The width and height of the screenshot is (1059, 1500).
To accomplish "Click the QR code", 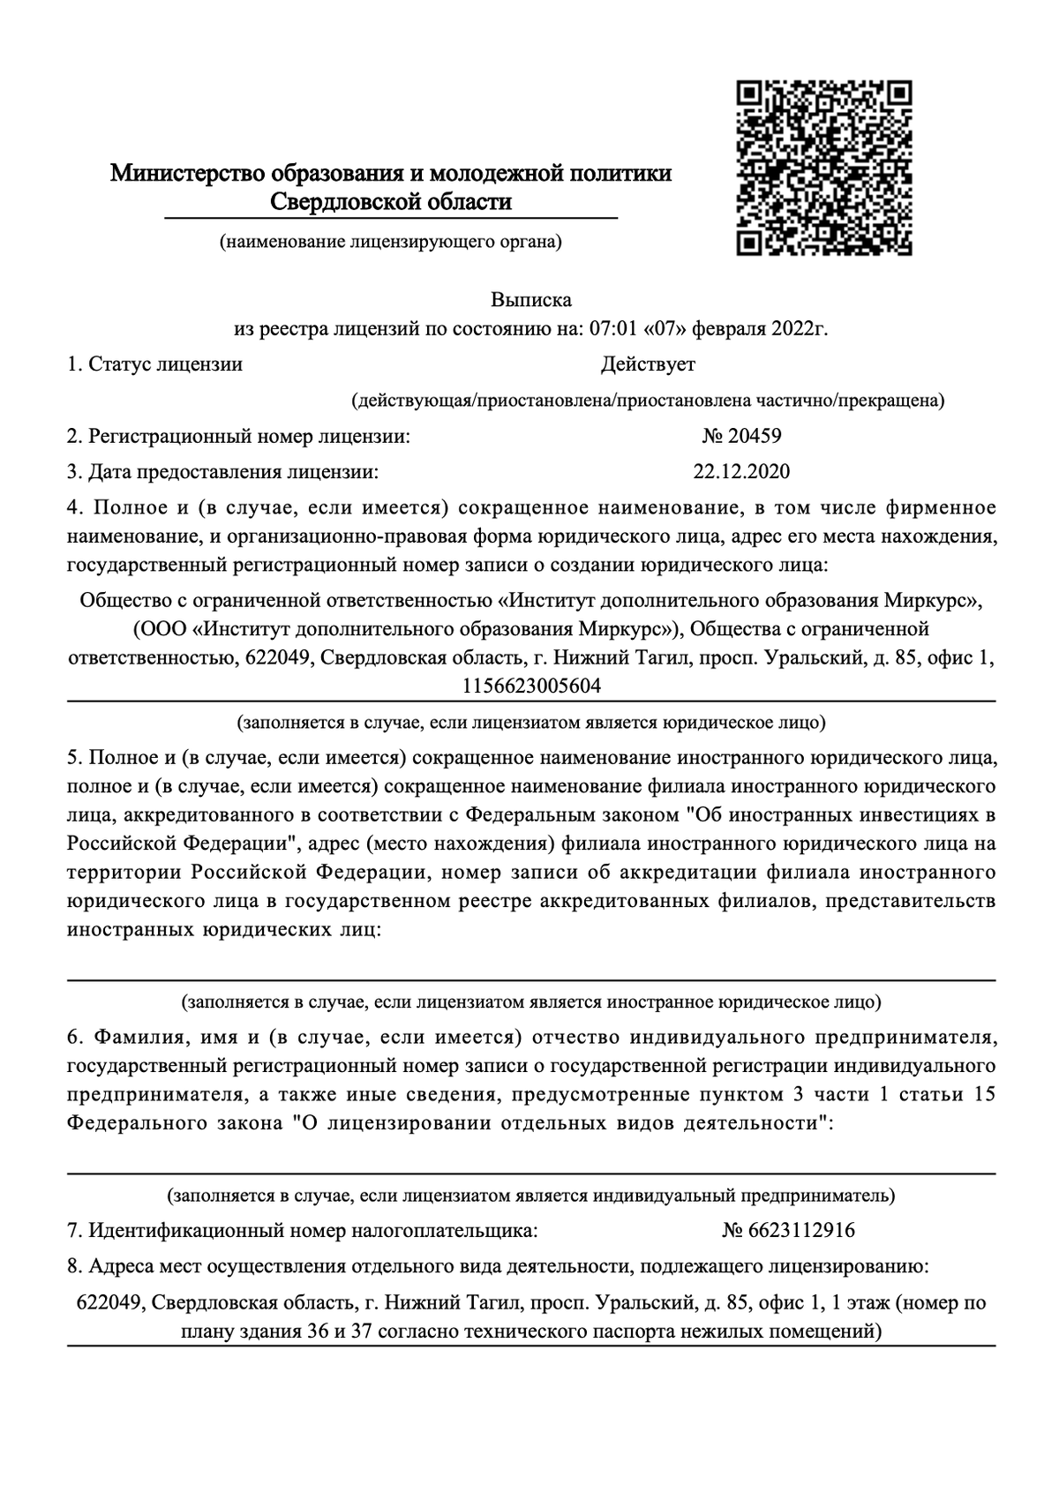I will [x=823, y=169].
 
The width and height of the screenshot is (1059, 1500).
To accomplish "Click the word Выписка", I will [x=531, y=300].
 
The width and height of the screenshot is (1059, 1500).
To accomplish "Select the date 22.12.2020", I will [x=741, y=472].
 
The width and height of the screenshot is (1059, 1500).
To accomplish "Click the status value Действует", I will [x=648, y=364].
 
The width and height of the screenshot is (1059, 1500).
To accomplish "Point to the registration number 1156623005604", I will [x=531, y=686].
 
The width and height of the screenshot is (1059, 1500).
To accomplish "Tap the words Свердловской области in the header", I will [x=390, y=202].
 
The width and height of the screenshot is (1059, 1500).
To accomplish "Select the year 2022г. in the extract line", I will [x=800, y=330].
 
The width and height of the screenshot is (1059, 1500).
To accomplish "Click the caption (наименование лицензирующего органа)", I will [x=391, y=241].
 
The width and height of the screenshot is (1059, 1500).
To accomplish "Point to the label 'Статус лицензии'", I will [x=165, y=364].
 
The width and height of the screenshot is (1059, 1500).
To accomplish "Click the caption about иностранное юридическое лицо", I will [x=531, y=1002].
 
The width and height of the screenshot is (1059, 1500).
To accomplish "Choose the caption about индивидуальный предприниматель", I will [x=531, y=1196].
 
